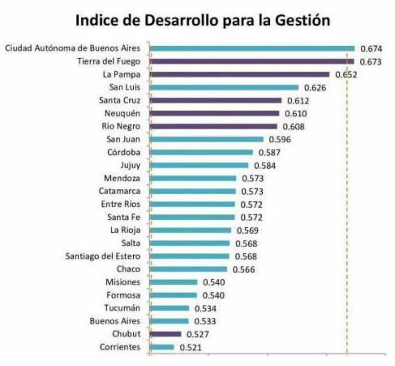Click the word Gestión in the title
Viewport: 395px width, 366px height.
coord(302,20)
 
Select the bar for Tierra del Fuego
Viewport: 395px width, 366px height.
coord(252,62)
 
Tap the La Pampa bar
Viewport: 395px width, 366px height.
coord(239,75)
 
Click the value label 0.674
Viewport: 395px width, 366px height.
coord(371,49)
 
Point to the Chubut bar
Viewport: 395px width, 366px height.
coord(165,334)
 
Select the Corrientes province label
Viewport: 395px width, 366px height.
coord(120,347)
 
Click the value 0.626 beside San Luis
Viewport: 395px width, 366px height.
coord(315,88)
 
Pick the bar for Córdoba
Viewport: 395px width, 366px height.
coord(201,152)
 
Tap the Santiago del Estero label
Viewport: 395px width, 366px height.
coord(103,256)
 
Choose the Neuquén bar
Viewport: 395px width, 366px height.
coord(214,114)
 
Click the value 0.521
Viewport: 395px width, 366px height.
coord(190,348)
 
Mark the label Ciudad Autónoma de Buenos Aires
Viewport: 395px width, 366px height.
coord(73,48)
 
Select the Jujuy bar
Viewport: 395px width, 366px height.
coord(199,165)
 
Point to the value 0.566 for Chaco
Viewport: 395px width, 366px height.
coord(244,270)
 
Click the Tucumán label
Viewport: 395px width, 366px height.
coord(122,308)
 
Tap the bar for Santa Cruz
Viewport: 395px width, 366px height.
coord(215,100)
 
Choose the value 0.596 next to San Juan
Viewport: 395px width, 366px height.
coord(280,140)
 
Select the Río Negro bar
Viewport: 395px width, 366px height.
coord(213,127)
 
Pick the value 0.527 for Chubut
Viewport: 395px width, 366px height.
coord(198,335)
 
